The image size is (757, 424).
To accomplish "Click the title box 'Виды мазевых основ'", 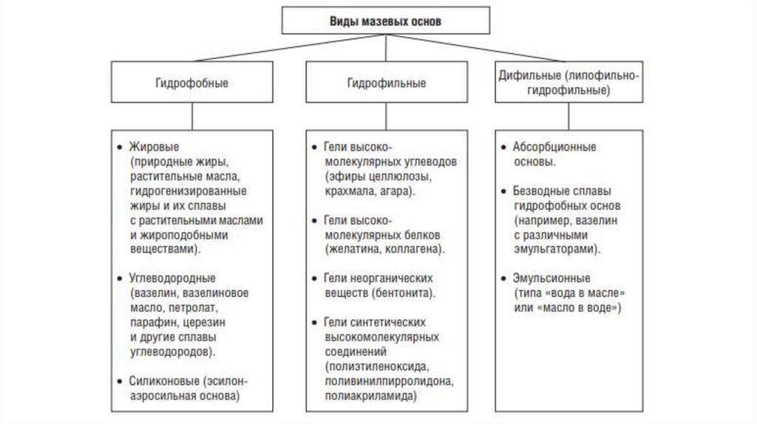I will [x=384, y=21].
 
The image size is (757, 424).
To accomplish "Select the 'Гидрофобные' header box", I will [x=191, y=83].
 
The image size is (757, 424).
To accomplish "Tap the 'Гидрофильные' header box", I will [x=386, y=83].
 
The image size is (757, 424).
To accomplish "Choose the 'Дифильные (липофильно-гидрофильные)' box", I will [x=568, y=83].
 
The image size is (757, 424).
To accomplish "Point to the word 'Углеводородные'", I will [x=172, y=278].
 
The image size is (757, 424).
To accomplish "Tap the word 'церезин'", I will [x=203, y=322].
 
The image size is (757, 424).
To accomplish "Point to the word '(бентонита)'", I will [x=402, y=293].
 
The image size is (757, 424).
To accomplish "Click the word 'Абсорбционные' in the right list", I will [x=554, y=146].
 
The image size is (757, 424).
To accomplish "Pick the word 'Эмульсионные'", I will [x=551, y=278].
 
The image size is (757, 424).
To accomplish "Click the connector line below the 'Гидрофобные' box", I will [x=191, y=116].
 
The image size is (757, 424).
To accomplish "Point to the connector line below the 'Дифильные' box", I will [x=568, y=116].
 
